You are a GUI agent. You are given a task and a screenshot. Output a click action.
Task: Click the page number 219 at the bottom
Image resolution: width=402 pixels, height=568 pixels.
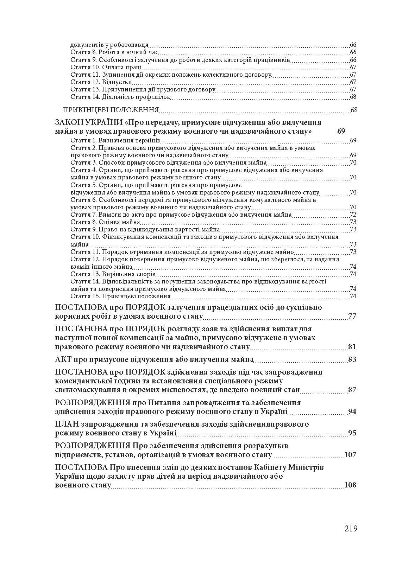pyautogui.click(x=351, y=528)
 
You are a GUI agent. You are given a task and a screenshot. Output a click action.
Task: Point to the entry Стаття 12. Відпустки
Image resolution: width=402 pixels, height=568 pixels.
pyautogui.click(x=101, y=82)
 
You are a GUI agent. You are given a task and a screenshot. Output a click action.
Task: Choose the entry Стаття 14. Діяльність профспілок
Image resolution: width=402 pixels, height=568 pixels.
pyautogui.click(x=120, y=97)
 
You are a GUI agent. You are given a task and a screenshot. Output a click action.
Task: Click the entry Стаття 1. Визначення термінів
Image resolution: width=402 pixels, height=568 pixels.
pyautogui.click(x=115, y=141)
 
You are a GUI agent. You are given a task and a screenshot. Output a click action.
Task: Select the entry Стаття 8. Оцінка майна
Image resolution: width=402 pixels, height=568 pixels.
pyautogui.click(x=105, y=222)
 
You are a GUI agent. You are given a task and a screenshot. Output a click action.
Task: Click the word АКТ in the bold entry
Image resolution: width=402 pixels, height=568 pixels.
pyautogui.click(x=63, y=359)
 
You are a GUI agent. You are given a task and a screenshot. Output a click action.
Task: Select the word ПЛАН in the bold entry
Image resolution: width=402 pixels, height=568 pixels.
pyautogui.click(x=66, y=424)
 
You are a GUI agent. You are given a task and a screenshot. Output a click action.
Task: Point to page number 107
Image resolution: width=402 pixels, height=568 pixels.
pyautogui.click(x=351, y=455)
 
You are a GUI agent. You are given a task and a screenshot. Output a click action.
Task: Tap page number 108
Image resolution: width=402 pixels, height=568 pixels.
pyautogui.click(x=351, y=485)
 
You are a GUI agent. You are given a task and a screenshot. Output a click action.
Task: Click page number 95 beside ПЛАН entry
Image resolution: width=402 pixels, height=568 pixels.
pyautogui.click(x=352, y=433)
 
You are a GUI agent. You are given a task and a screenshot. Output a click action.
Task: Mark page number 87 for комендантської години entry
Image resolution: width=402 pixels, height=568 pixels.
pyautogui.click(x=352, y=390)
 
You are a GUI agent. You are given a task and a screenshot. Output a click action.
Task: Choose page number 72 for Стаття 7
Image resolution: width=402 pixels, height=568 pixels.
pyautogui.click(x=353, y=215)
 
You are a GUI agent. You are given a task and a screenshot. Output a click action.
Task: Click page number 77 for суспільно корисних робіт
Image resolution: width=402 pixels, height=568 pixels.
pyautogui.click(x=352, y=316)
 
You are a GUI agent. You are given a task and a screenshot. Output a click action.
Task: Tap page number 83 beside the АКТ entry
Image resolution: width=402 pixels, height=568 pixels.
pyautogui.click(x=352, y=359)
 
